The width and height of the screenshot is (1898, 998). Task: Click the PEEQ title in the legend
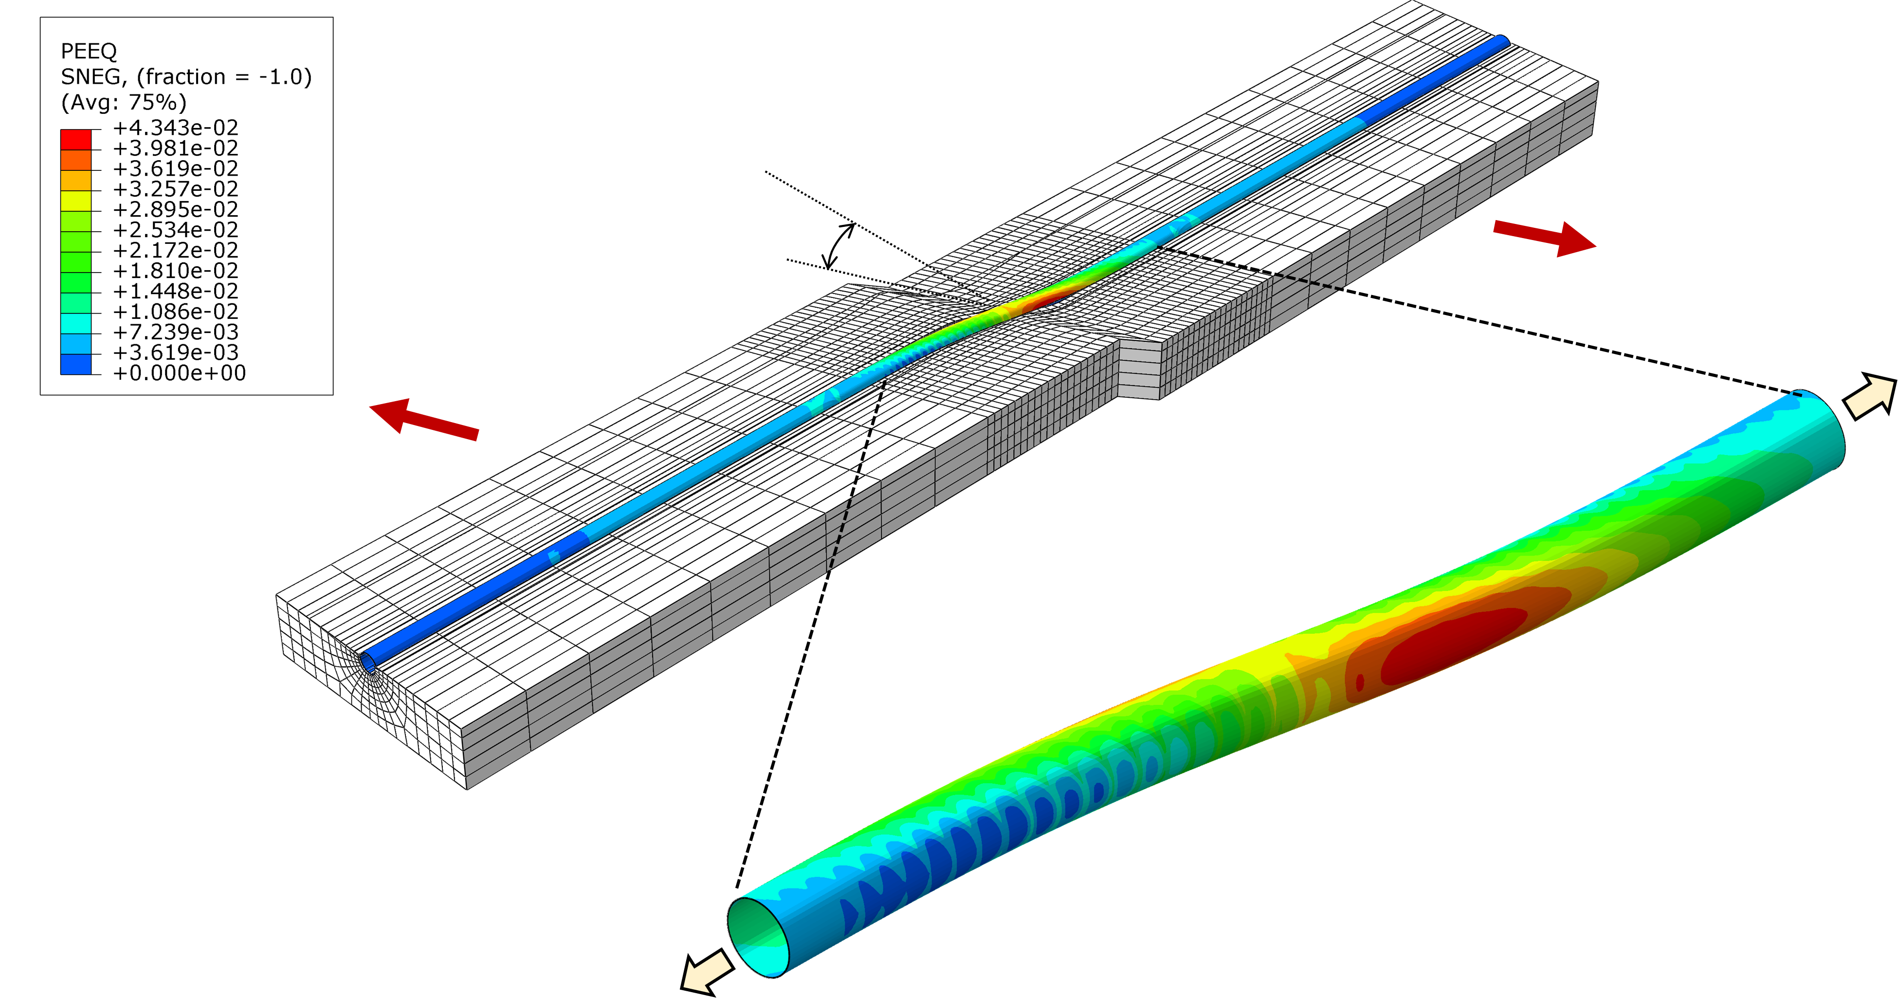(x=89, y=51)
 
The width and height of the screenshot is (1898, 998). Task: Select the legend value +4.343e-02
(x=175, y=128)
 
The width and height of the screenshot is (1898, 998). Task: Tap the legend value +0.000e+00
(x=179, y=373)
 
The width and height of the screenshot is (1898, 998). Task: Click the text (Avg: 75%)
(x=124, y=102)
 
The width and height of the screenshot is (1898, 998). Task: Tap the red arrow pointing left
(x=424, y=418)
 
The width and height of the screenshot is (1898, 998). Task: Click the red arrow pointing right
(x=1544, y=238)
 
